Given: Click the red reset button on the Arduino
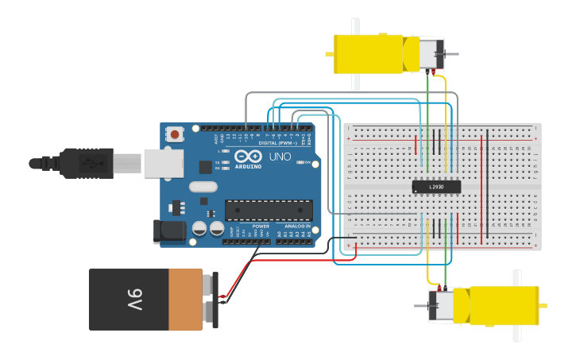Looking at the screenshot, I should pyautogui.click(x=175, y=135).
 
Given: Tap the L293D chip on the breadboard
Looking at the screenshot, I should pyautogui.click(x=436, y=187).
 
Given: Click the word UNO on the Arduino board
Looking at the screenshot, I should pyautogui.click(x=280, y=157).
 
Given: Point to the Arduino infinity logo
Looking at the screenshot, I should pyautogui.click(x=247, y=157).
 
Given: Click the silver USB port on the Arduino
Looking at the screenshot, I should pyautogui.click(x=164, y=163).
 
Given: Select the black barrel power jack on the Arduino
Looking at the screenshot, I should pyautogui.click(x=168, y=231).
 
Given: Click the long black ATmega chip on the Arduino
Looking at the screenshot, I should pyautogui.click(x=268, y=210).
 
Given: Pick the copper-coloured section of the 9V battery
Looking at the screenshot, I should pyautogui.click(x=186, y=300).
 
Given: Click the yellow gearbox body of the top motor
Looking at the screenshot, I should pyautogui.click(x=370, y=53).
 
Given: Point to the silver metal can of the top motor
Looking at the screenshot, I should pyautogui.click(x=430, y=54).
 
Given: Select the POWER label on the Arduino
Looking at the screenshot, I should pyautogui.click(x=261, y=226).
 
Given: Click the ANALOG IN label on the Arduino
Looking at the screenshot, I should pyautogui.click(x=297, y=226).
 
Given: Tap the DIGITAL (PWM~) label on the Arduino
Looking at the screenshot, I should pyautogui.click(x=278, y=143).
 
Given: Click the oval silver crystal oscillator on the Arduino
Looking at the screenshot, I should pyautogui.click(x=203, y=188).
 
